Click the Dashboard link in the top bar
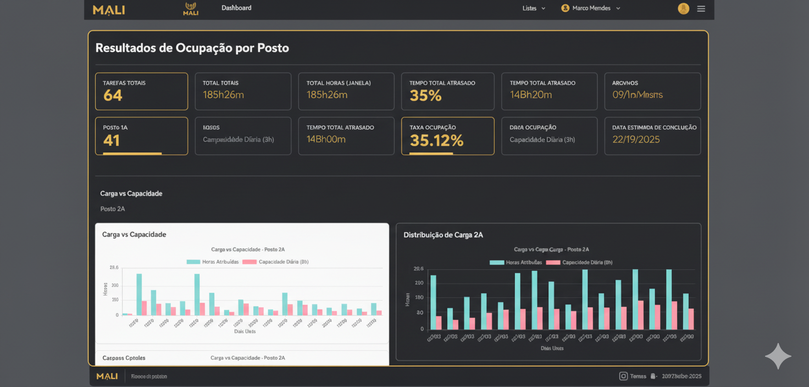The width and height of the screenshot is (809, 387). [x=236, y=8]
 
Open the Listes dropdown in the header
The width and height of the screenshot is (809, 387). [x=534, y=8]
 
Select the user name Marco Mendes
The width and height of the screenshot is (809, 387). [x=591, y=8]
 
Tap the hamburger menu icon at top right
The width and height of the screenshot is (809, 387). [x=701, y=9]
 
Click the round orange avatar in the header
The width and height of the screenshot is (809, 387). [x=683, y=9]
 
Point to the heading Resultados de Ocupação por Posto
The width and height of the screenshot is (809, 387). [x=192, y=48]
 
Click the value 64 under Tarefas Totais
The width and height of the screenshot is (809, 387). [x=113, y=96]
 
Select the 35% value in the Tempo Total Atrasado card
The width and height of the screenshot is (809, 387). [x=425, y=96]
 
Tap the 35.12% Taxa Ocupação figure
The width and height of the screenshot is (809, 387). [x=436, y=141]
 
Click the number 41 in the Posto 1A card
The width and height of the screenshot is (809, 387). [x=112, y=141]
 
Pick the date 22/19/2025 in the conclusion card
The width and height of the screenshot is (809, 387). [x=636, y=140]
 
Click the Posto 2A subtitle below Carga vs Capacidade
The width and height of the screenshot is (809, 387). [x=113, y=209]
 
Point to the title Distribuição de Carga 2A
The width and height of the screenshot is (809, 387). [x=443, y=235]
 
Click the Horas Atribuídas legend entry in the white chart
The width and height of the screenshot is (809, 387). [x=213, y=262]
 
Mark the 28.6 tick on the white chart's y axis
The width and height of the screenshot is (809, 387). [x=114, y=268]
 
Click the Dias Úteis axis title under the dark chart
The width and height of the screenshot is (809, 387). [x=552, y=348]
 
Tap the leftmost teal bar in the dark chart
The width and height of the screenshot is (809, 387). [x=433, y=302]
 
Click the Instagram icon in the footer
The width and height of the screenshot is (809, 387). [x=623, y=376]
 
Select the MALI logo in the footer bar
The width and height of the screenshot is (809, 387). [x=107, y=376]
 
